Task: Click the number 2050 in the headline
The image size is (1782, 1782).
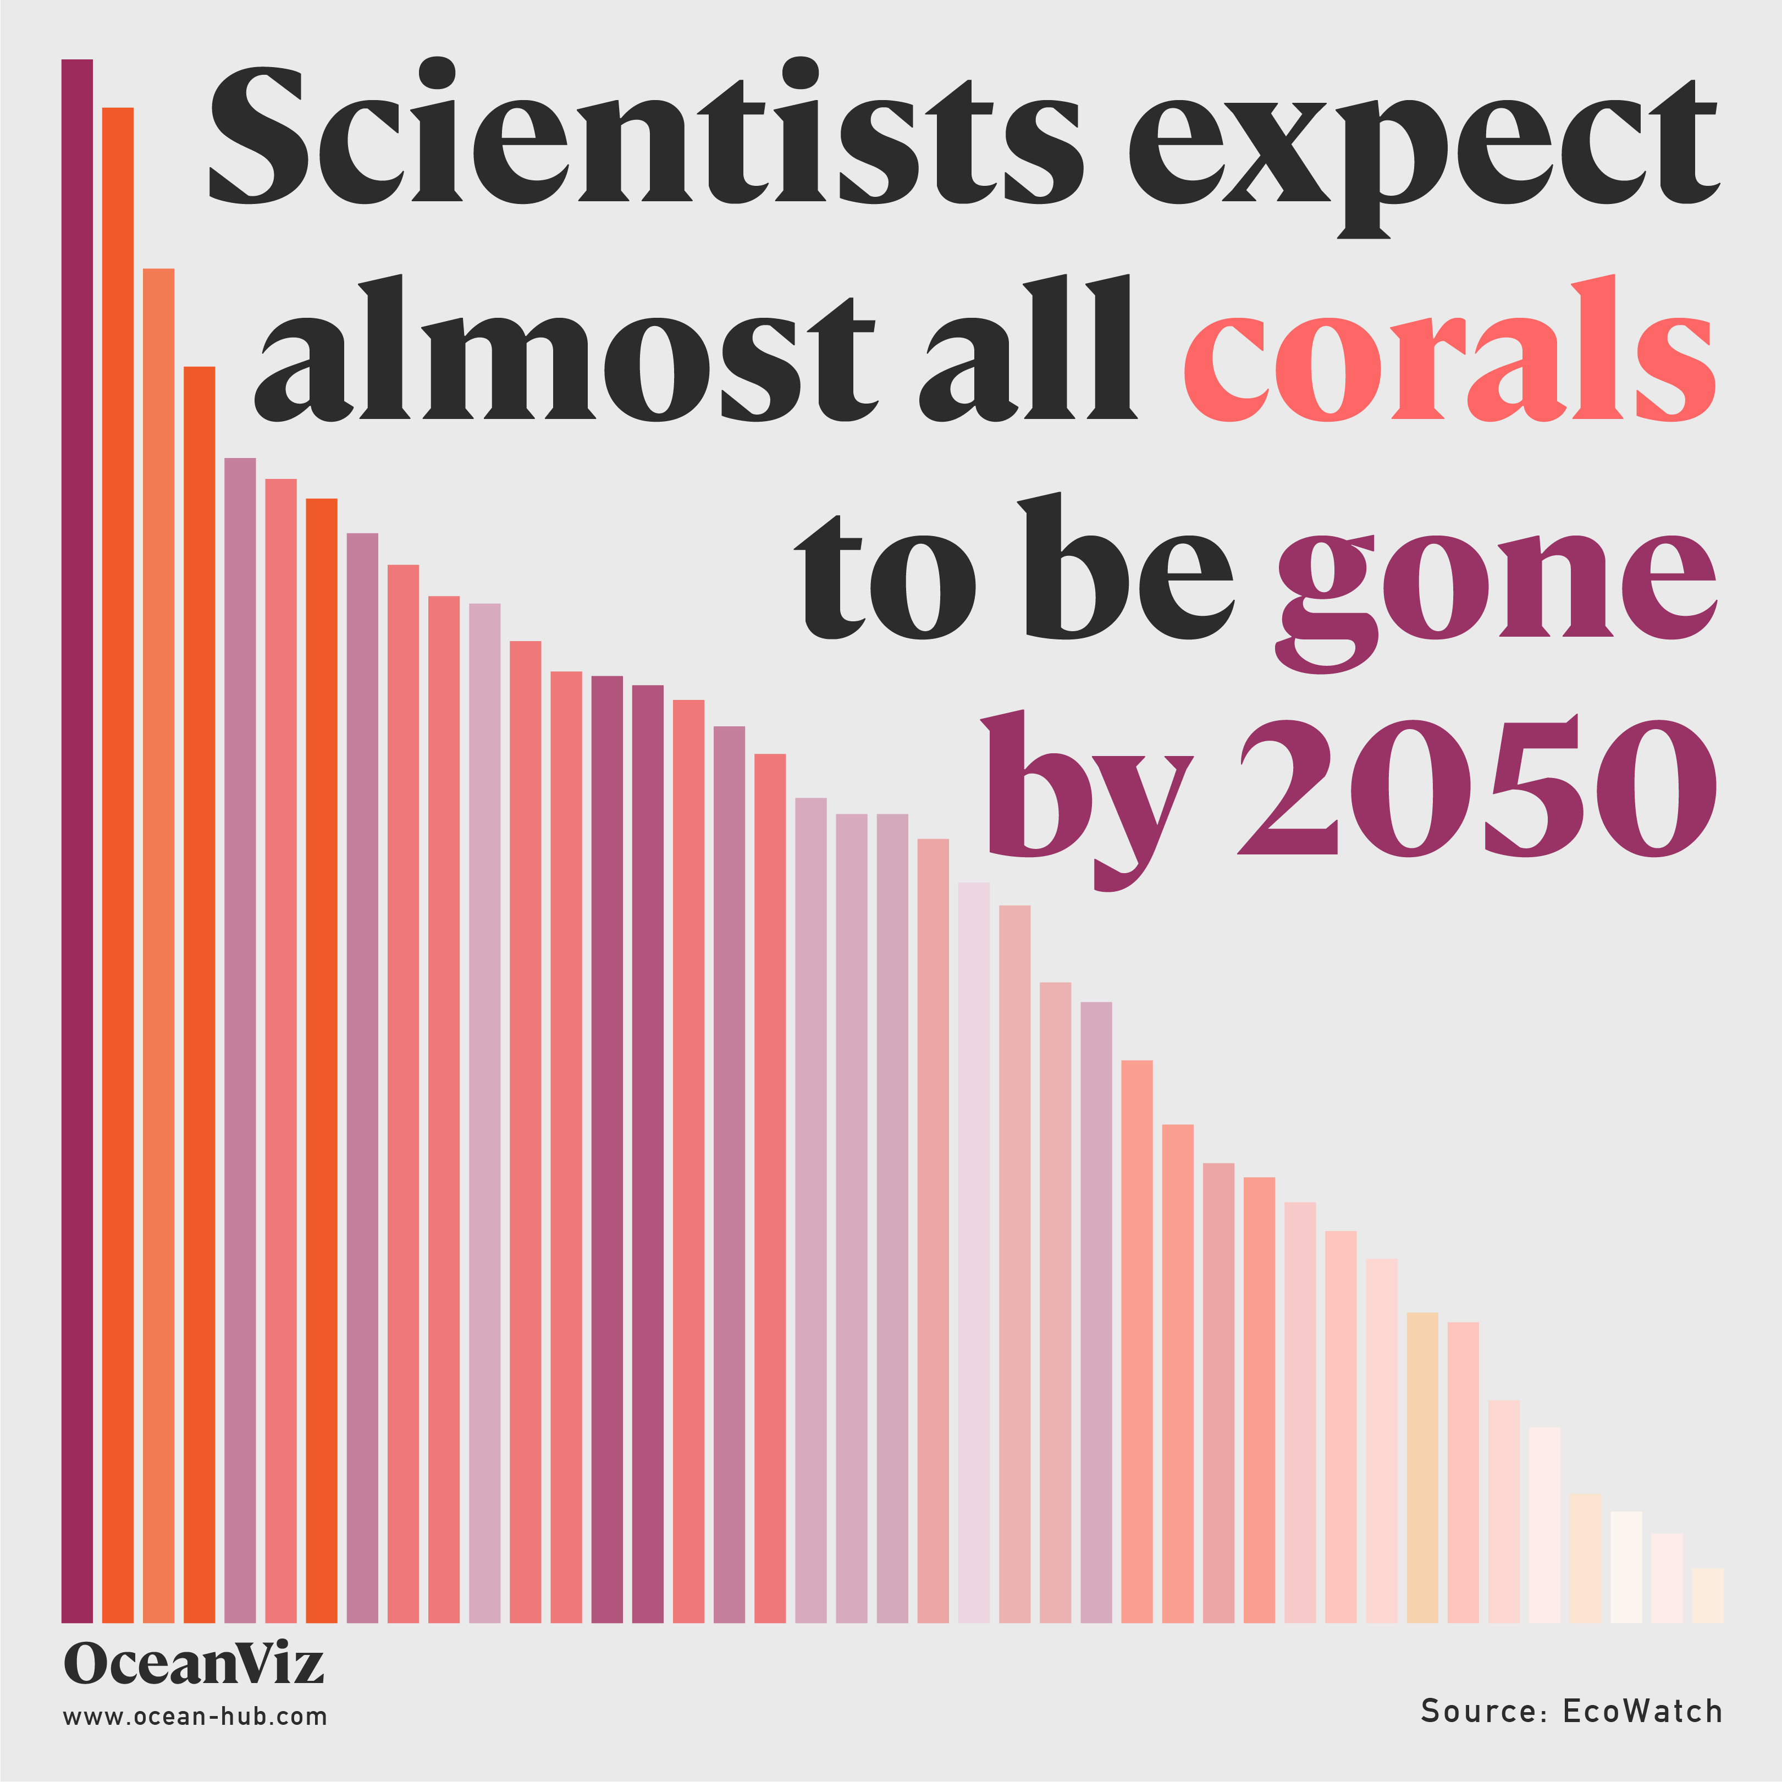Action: point(1476,788)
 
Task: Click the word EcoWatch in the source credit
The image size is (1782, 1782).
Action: point(1642,1711)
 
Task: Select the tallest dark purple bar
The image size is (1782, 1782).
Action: point(78,830)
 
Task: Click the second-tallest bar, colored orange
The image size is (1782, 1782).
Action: point(118,858)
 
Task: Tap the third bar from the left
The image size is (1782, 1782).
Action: point(159,941)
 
